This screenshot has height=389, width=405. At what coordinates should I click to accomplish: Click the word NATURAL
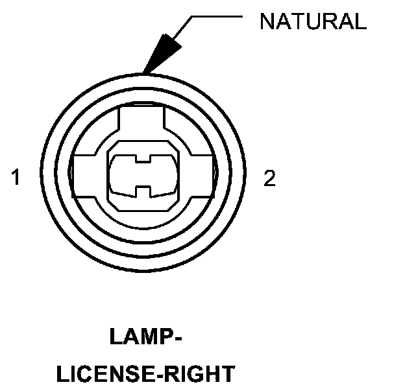pos(313,21)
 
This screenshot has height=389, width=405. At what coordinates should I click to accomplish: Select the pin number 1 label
pos(16,178)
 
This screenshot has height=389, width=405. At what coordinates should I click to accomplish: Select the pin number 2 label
pos(269,178)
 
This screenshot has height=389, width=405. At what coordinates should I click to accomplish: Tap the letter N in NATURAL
pos(267,21)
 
